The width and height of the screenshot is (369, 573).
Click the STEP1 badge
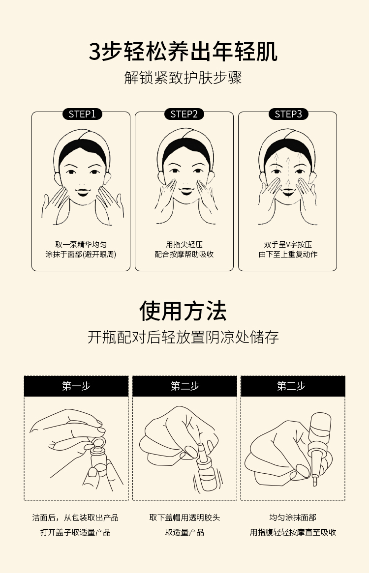point(82,114)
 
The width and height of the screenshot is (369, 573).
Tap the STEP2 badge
point(184,114)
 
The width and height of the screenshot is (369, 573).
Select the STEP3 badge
point(288,114)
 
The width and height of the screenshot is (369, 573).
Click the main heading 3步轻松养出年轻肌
point(184,52)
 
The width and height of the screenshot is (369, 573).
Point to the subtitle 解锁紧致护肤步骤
point(183,78)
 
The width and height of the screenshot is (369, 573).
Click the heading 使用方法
point(183,311)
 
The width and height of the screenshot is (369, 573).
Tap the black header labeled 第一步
point(76,386)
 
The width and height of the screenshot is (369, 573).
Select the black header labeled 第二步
point(184,386)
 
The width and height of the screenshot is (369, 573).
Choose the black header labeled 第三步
point(293,386)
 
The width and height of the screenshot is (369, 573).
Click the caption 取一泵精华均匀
point(81,244)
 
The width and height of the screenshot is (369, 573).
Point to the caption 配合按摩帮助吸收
point(184,255)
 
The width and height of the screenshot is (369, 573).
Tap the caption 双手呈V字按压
point(288,244)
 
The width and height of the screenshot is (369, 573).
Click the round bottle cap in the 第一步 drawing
point(97,443)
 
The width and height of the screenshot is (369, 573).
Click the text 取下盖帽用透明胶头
point(184,517)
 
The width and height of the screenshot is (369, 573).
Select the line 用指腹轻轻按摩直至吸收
point(293,532)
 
